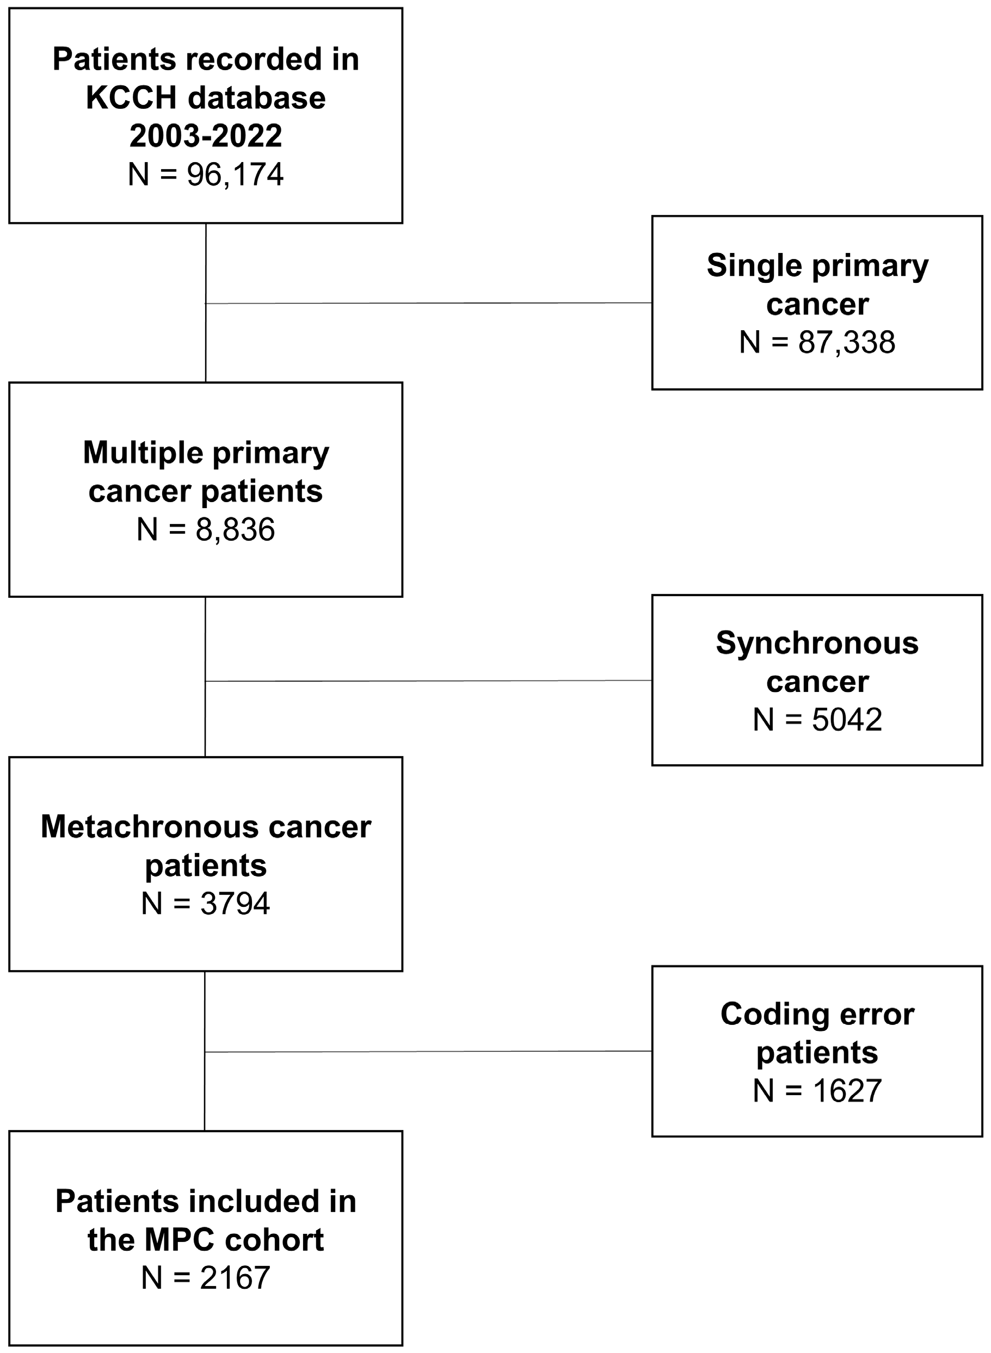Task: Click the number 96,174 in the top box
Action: tap(235, 175)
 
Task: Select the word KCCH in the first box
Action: tap(131, 98)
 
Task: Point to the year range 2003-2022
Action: tap(206, 136)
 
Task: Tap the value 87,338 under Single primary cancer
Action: tap(846, 342)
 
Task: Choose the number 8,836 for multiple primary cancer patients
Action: tap(235, 529)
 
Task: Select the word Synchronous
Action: tap(817, 644)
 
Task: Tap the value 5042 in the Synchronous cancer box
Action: tap(846, 720)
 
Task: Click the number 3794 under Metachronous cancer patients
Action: tap(235, 903)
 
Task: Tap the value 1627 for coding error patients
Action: tap(846, 1091)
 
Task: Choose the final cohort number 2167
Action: tap(235, 1278)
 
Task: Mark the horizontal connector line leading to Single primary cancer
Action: tap(429, 304)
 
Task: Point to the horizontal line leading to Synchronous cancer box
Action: tap(429, 681)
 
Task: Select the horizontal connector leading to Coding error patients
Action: tap(429, 1051)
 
